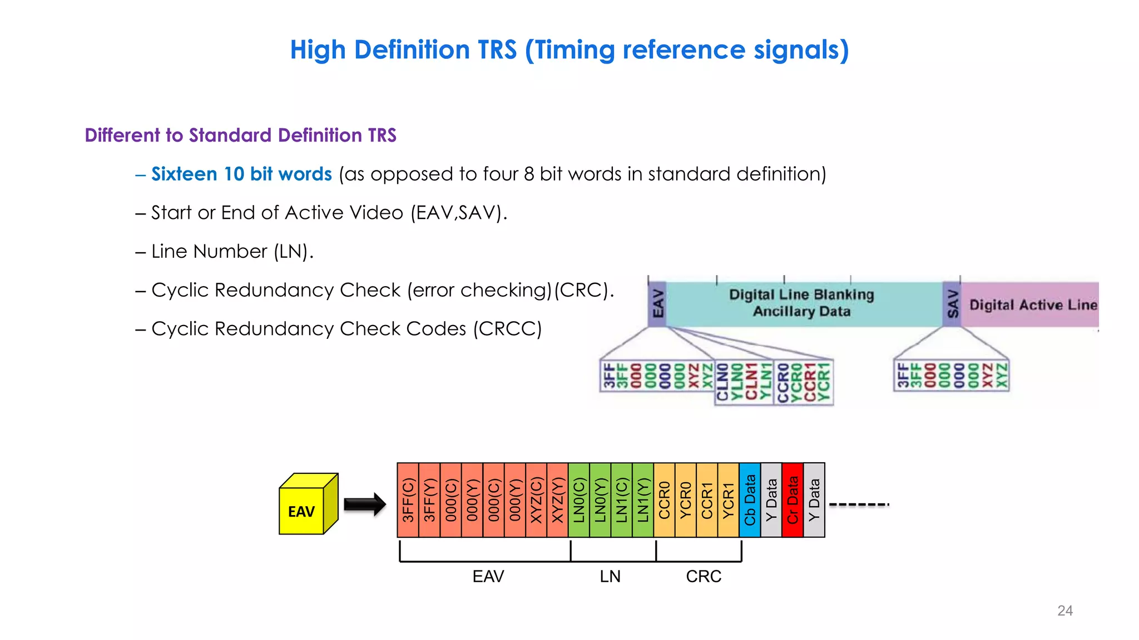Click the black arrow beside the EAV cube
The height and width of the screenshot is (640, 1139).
tap(364, 504)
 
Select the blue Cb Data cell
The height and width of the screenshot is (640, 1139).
tap(750, 500)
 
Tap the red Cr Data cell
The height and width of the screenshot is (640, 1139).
tap(793, 500)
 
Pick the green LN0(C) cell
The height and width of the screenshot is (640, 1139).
tap(579, 500)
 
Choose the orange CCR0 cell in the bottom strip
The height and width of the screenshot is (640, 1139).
tap(665, 500)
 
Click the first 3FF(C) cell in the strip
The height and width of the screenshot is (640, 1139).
tap(408, 500)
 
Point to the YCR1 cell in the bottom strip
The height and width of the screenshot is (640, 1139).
tap(729, 500)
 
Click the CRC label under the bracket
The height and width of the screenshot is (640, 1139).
tap(704, 577)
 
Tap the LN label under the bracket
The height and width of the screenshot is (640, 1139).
tap(610, 577)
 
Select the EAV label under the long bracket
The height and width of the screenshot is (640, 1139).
tap(488, 577)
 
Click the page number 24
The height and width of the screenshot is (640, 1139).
tap(1064, 611)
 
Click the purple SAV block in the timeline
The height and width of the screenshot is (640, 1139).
tap(952, 304)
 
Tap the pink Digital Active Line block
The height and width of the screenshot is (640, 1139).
tap(1032, 304)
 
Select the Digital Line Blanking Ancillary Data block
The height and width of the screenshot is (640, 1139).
tap(801, 303)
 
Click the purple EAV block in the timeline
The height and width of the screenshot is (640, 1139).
tap(657, 304)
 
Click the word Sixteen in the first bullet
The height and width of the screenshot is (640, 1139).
tap(184, 174)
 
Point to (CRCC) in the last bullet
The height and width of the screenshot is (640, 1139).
tap(507, 329)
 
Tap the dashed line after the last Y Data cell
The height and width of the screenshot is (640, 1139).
tap(859, 504)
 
